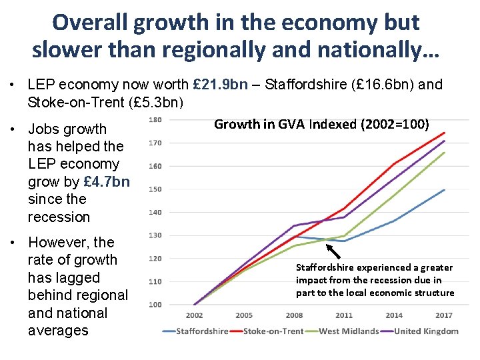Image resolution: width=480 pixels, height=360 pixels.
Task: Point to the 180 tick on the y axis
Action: (155, 120)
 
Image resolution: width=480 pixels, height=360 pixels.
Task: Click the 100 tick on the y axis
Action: (155, 305)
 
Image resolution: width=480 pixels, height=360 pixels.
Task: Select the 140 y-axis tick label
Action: (155, 212)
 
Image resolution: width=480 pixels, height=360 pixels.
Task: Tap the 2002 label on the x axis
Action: (194, 315)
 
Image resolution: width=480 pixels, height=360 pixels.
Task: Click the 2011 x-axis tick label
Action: (344, 315)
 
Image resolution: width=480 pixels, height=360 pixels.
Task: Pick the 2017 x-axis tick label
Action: (444, 315)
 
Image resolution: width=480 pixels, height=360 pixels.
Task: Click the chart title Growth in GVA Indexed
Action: (321, 124)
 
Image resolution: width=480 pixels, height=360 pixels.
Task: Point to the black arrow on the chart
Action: (333, 251)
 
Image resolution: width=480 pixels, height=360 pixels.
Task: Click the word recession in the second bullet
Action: (59, 217)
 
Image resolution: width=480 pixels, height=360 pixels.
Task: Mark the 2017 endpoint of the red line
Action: (444, 133)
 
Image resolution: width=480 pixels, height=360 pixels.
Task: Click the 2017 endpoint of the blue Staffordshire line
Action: (444, 190)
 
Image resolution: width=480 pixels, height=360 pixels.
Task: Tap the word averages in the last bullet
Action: (58, 331)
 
